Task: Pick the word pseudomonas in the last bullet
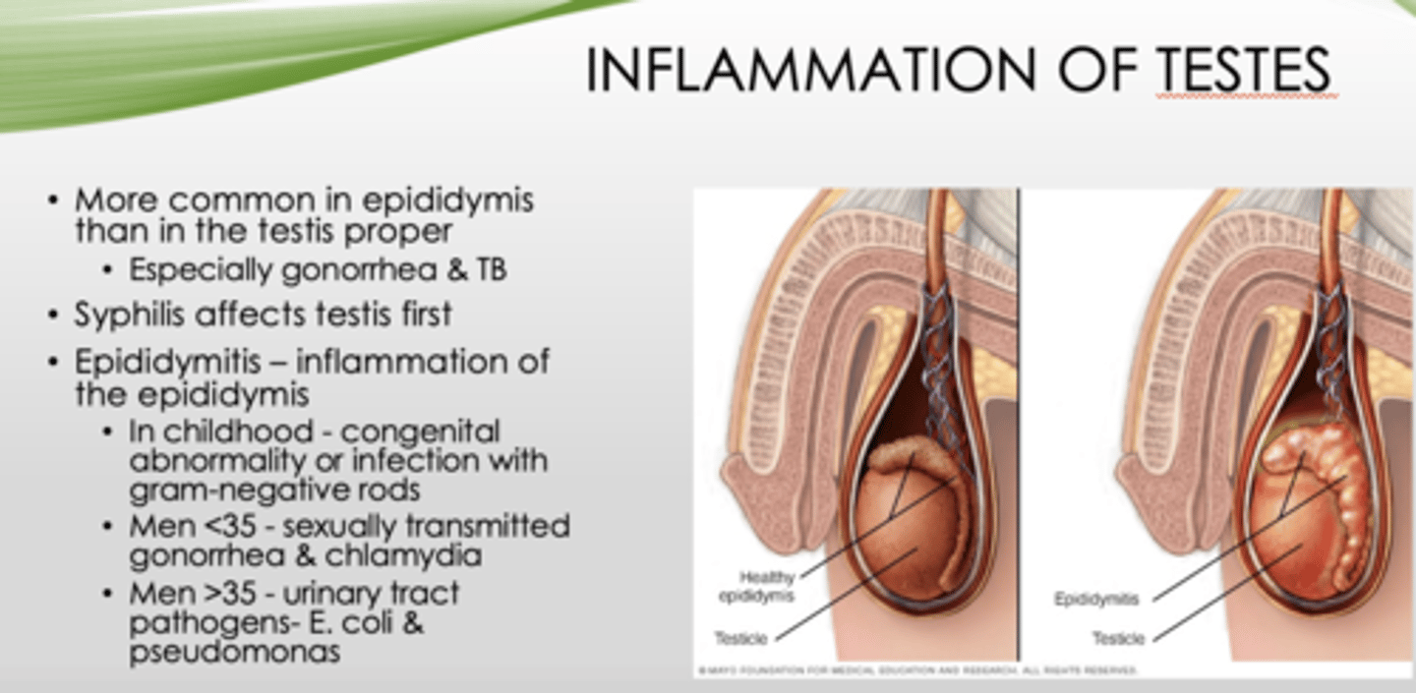pos(234,650)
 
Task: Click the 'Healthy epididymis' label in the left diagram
pos(767,586)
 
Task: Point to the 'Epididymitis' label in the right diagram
pos(1096,598)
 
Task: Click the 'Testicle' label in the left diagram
pos(740,639)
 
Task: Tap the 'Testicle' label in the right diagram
pos(1118,639)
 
